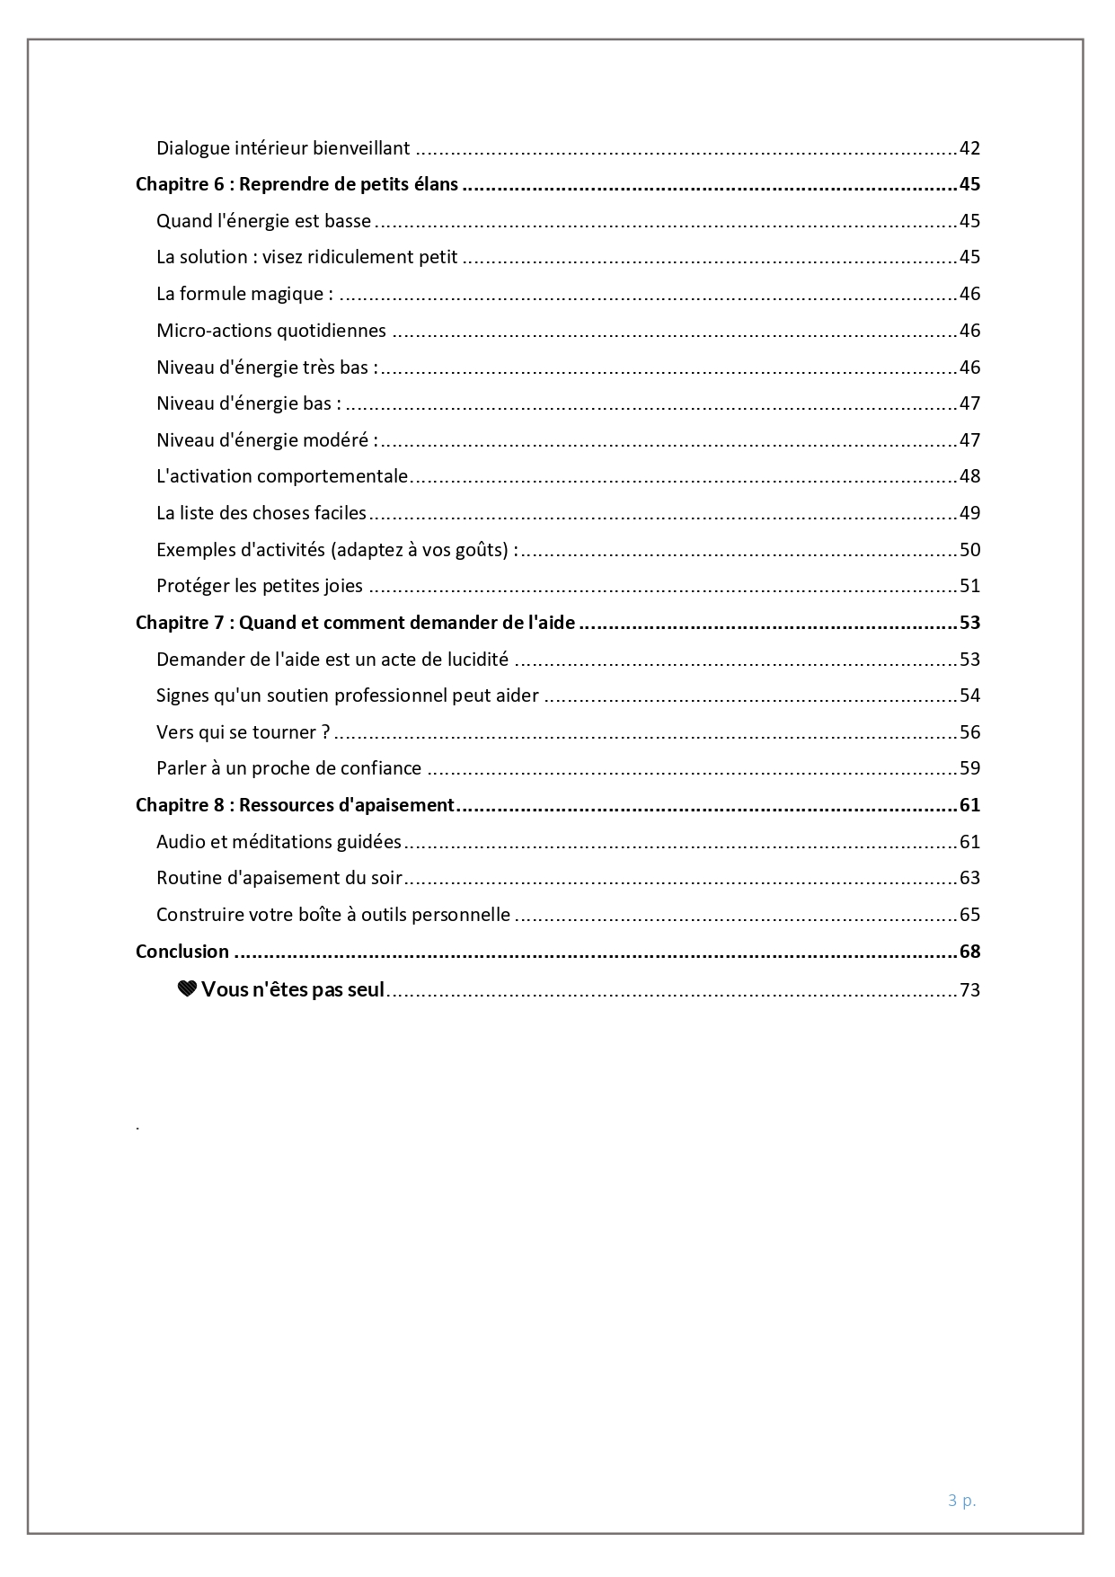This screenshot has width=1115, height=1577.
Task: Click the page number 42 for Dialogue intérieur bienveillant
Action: click(x=969, y=148)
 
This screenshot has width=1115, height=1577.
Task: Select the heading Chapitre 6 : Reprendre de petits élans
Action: click(x=296, y=185)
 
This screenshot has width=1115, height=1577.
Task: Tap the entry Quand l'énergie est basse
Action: click(x=263, y=221)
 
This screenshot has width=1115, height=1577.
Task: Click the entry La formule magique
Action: click(x=244, y=294)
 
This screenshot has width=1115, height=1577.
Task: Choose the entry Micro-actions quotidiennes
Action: click(x=270, y=331)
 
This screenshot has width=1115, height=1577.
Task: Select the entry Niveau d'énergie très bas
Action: click(x=267, y=368)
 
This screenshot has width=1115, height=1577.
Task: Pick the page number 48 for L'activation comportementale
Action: click(x=969, y=476)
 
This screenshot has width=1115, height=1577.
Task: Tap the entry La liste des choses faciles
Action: click(x=261, y=513)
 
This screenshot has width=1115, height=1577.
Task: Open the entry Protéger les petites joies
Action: click(x=260, y=586)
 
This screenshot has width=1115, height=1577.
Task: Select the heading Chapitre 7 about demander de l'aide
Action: click(x=355, y=623)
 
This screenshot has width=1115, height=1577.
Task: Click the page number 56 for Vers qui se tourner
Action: click(x=969, y=732)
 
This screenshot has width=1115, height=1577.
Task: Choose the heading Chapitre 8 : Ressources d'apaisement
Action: click(x=295, y=805)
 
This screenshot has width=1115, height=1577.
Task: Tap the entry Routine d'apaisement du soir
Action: click(x=279, y=878)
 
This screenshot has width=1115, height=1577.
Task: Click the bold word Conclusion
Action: click(x=182, y=952)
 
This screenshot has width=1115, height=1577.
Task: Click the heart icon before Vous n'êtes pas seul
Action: click(x=187, y=990)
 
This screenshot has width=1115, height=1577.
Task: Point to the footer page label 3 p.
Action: click(x=961, y=1500)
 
